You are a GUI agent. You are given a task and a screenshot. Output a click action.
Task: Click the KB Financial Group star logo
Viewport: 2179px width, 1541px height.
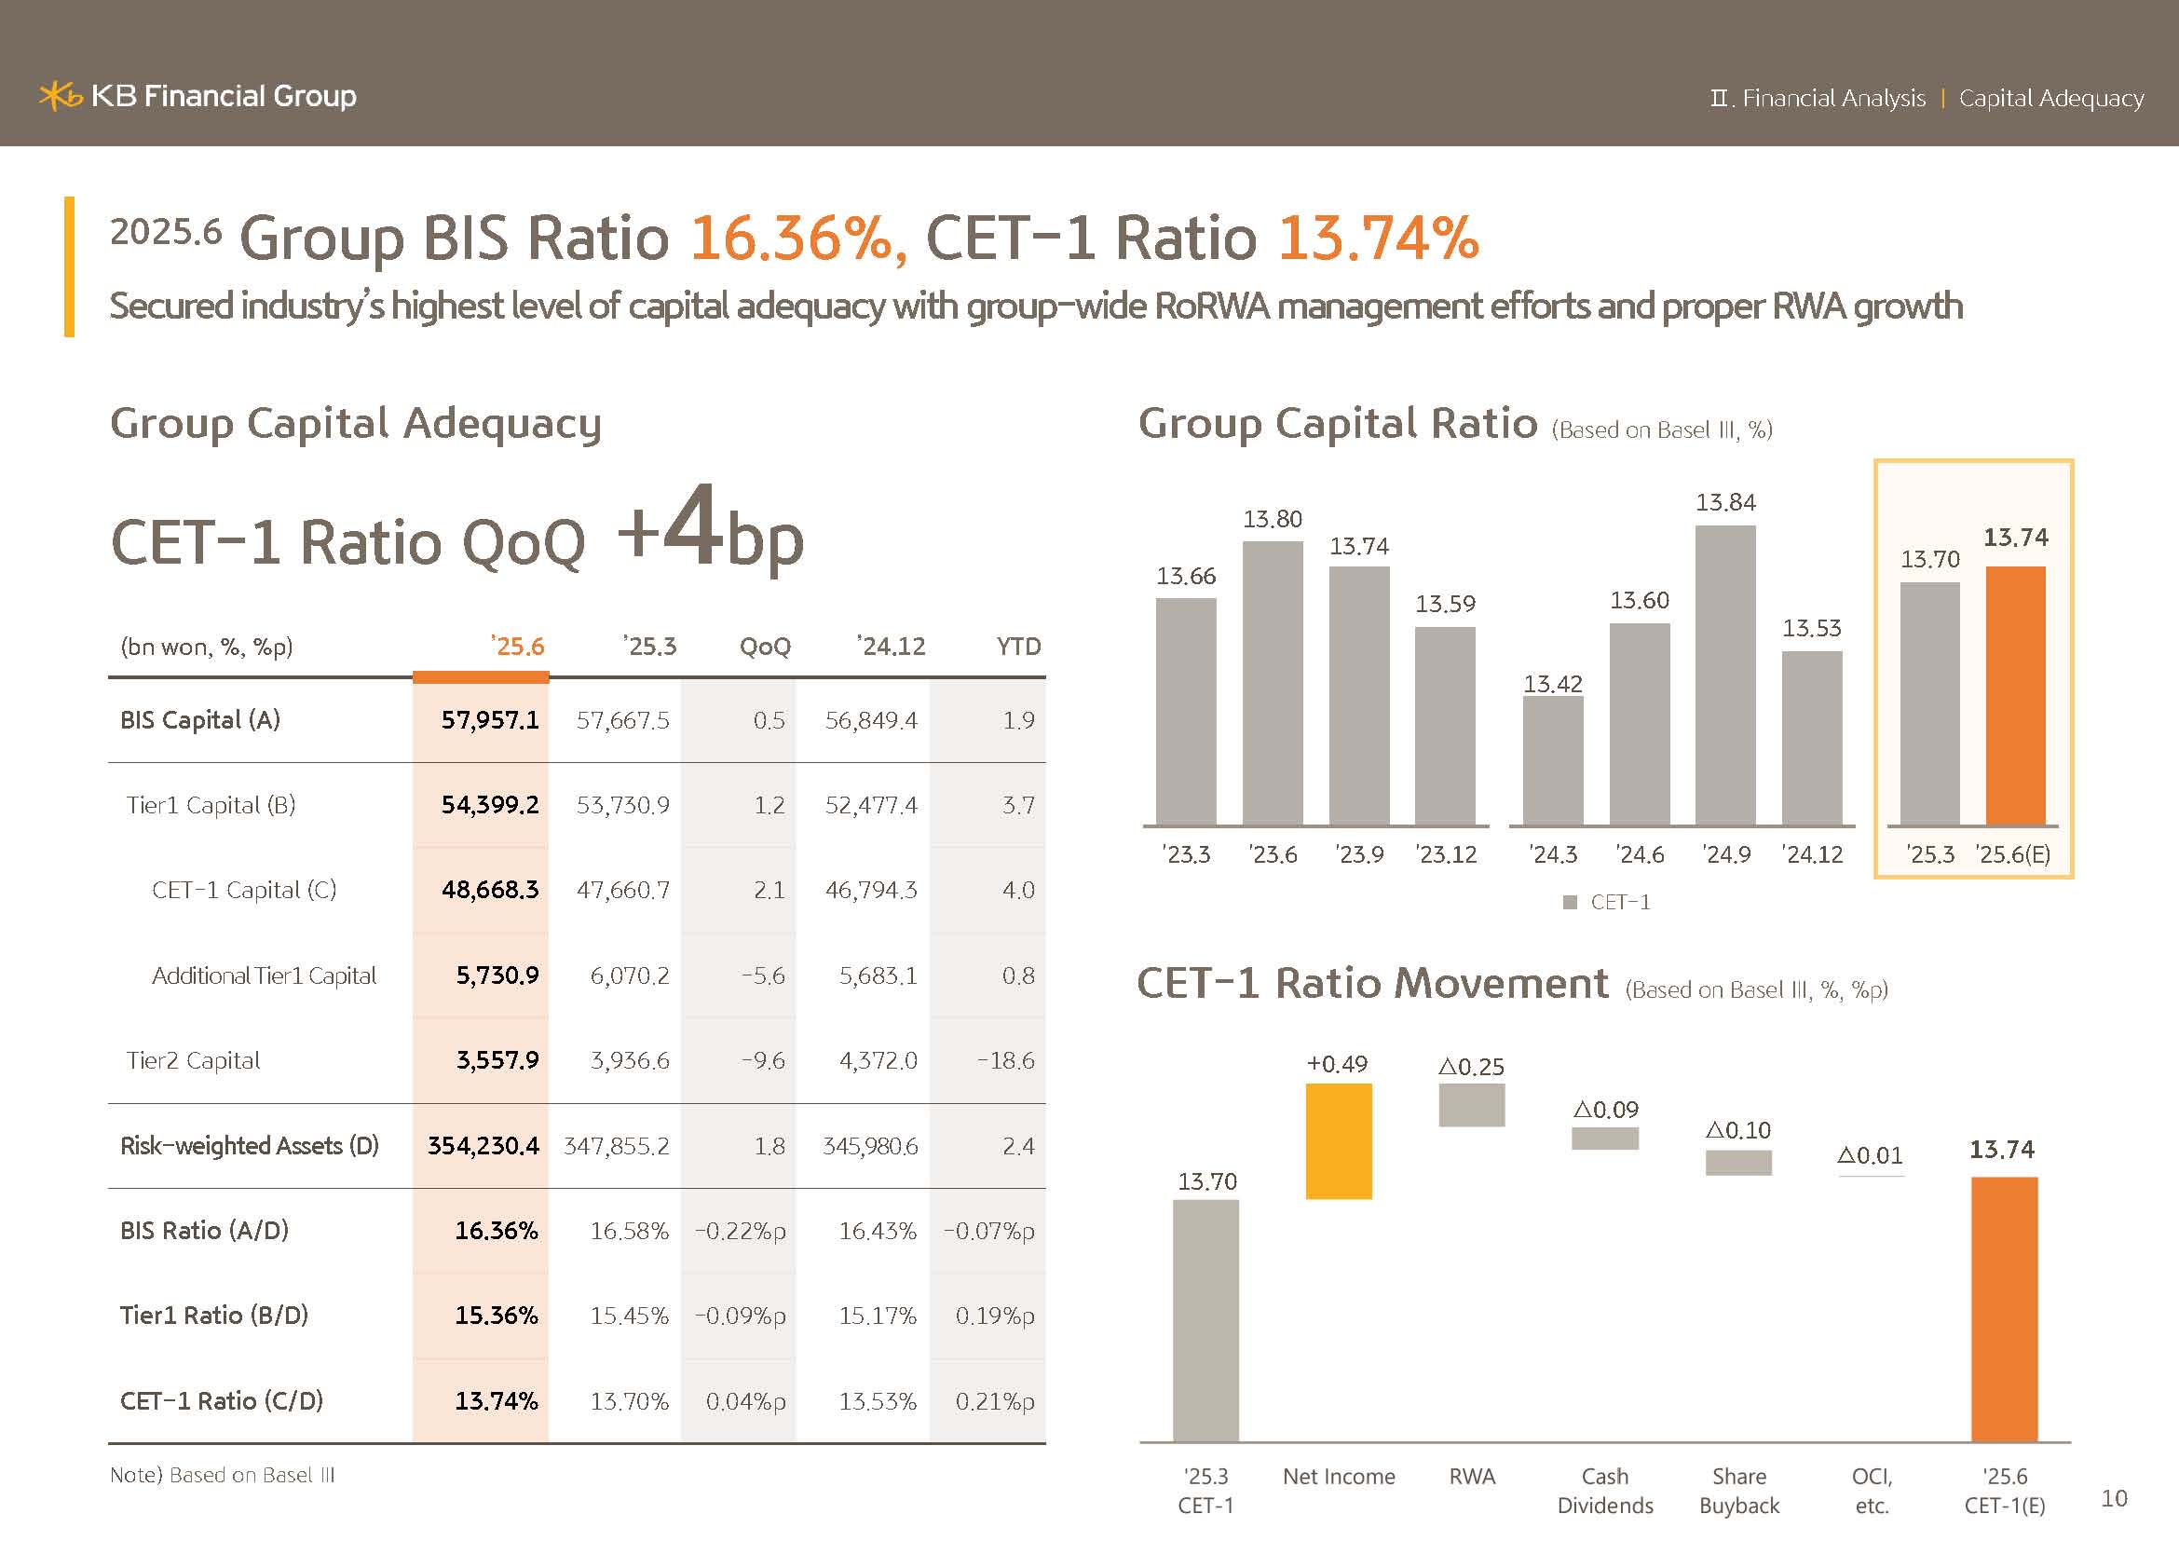click(60, 96)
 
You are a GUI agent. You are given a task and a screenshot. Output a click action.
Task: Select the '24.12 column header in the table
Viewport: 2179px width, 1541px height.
click(891, 647)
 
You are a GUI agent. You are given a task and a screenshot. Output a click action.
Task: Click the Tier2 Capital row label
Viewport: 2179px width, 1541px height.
click(193, 1060)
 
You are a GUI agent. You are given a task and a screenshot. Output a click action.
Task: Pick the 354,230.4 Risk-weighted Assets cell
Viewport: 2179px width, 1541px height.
click(483, 1145)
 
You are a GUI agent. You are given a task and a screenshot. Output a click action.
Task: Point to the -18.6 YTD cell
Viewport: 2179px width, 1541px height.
click(1006, 1060)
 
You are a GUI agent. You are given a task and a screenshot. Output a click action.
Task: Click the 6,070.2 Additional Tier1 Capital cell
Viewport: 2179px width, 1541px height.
click(629, 975)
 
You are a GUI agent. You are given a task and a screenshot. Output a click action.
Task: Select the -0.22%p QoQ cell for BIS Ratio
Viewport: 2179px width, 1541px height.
click(741, 1231)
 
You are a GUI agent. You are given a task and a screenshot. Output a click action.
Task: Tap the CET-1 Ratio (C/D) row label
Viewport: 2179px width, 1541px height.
click(221, 1400)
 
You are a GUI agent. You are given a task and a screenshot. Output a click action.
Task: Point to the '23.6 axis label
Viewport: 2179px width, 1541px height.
click(1273, 855)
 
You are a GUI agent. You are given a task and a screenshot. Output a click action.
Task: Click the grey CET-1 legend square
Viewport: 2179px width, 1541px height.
click(1570, 903)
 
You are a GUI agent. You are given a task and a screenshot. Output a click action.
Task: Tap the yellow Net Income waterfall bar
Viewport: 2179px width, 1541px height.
click(1338, 1140)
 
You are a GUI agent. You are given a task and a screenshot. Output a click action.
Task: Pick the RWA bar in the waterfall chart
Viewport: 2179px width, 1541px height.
click(1471, 1105)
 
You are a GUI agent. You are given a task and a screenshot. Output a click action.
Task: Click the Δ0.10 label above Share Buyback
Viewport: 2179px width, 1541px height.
click(1737, 1130)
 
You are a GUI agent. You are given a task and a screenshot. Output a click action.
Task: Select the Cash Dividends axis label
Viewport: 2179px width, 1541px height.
click(1605, 1491)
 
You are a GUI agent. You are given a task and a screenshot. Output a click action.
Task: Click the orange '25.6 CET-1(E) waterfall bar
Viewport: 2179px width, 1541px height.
click(2004, 1309)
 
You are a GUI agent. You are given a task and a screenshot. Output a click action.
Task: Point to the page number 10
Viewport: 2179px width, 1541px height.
click(2114, 1498)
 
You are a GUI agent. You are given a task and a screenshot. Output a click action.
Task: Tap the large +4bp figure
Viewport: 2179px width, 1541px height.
click(710, 531)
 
